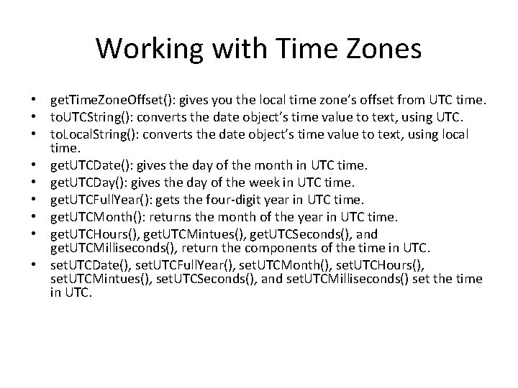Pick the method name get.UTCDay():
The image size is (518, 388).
click(x=87, y=184)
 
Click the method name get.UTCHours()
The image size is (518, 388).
click(x=93, y=235)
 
